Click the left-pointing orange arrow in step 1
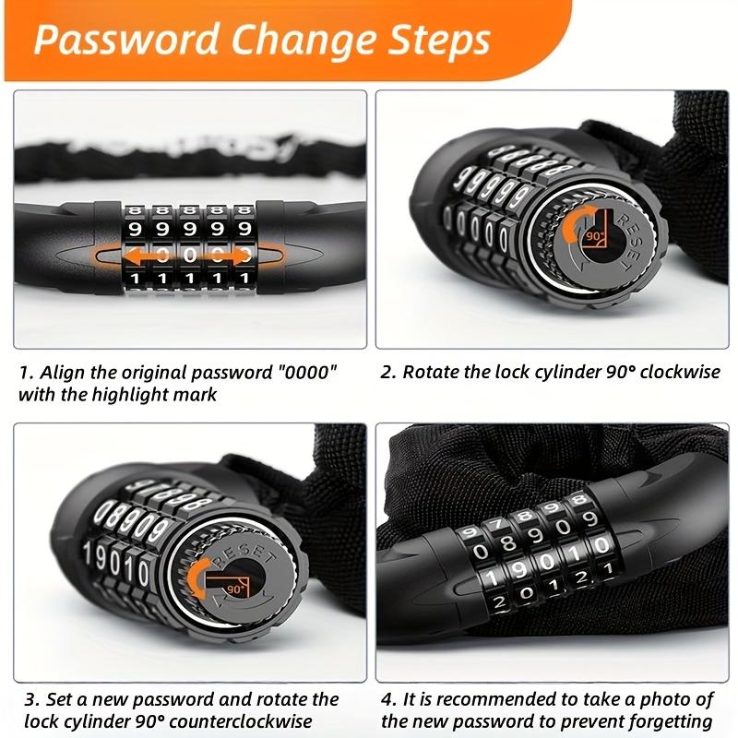(143, 256)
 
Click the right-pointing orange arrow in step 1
(230, 256)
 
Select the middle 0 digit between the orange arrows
(190, 255)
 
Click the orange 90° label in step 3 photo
(236, 589)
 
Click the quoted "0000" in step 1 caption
(307, 373)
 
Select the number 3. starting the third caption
(32, 700)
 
